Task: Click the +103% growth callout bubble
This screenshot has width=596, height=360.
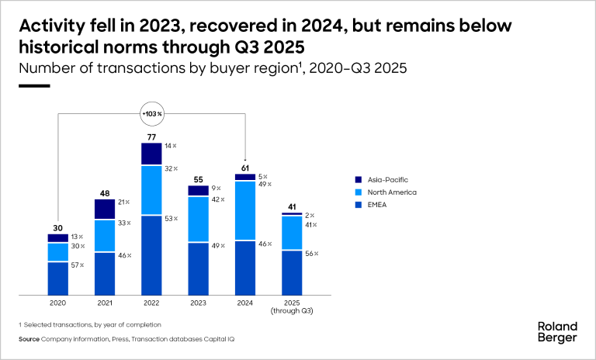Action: (152, 114)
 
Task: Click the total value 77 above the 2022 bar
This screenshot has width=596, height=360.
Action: (152, 137)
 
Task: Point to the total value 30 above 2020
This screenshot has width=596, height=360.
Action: (58, 228)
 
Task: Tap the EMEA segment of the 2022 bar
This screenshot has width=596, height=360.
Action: (152, 254)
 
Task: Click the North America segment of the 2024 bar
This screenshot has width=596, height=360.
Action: (245, 210)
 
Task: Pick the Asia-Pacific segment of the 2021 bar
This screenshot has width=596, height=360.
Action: (105, 209)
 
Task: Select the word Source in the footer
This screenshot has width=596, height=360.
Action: (29, 340)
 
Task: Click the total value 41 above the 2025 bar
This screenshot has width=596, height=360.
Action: (292, 207)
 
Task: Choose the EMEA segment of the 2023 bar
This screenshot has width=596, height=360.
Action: (198, 268)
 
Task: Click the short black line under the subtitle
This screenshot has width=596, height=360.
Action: (33, 86)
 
